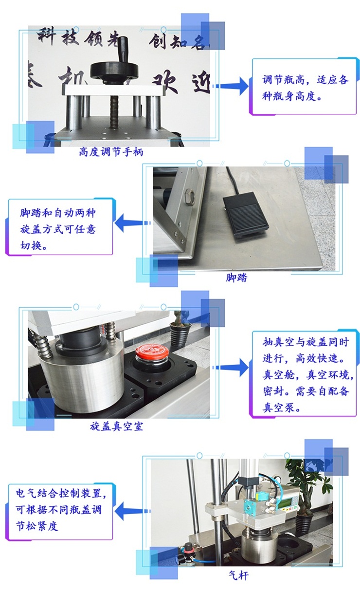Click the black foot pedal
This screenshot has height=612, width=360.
[245, 214]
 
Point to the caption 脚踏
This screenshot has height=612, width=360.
[236, 278]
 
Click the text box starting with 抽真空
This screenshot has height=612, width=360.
[305, 374]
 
